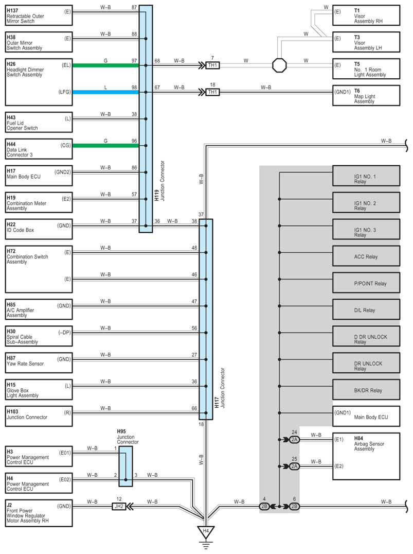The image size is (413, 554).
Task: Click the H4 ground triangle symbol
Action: click(206, 531)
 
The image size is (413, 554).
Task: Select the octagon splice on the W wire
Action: click(279, 65)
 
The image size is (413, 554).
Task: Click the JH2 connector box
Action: click(119, 506)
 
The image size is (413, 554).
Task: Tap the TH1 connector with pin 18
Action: click(212, 92)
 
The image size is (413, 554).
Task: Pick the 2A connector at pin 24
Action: click(294, 439)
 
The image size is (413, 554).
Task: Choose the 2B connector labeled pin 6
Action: click(294, 506)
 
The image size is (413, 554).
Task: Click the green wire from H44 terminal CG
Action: click(105, 146)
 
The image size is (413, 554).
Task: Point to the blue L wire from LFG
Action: click(105, 92)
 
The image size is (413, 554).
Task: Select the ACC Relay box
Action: click(366, 256)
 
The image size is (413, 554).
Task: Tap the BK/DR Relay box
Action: click(366, 390)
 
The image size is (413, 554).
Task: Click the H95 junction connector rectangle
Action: click(125, 466)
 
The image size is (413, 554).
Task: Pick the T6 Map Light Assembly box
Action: click(366, 95)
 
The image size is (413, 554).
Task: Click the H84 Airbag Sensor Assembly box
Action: click(366, 453)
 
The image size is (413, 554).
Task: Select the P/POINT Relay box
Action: click(366, 283)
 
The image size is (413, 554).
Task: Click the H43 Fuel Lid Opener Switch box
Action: click(39, 122)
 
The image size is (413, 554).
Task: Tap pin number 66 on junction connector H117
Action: click(194, 408)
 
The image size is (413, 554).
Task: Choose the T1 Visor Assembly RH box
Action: click(366, 15)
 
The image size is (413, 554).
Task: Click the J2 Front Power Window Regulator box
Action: click(39, 512)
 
